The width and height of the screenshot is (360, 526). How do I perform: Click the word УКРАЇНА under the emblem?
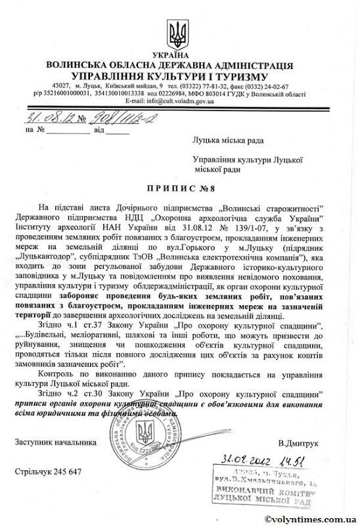click(179, 57)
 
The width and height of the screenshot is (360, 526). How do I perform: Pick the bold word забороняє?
click(102, 295)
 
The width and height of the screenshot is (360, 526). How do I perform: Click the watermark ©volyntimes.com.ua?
click(312, 517)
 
